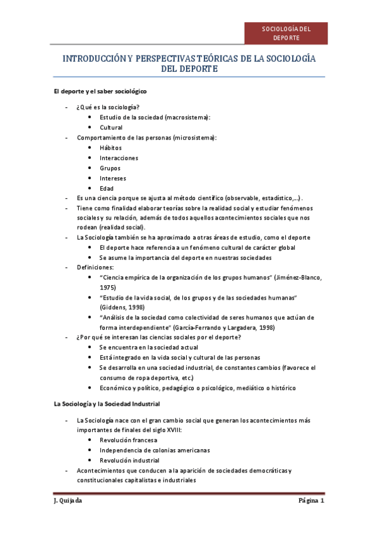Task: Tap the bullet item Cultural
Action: click(111, 127)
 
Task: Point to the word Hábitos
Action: click(110, 148)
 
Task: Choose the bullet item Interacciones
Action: click(119, 158)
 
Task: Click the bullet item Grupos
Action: click(110, 168)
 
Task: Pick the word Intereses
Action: click(113, 179)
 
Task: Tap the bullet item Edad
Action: click(107, 189)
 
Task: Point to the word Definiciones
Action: click(95, 267)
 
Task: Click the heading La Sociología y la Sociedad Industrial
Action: click(107, 403)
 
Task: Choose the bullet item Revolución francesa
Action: click(128, 440)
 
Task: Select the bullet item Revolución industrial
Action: click(129, 460)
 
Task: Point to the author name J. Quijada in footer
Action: click(68, 502)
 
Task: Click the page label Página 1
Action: click(311, 502)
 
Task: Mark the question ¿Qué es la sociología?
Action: click(108, 107)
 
